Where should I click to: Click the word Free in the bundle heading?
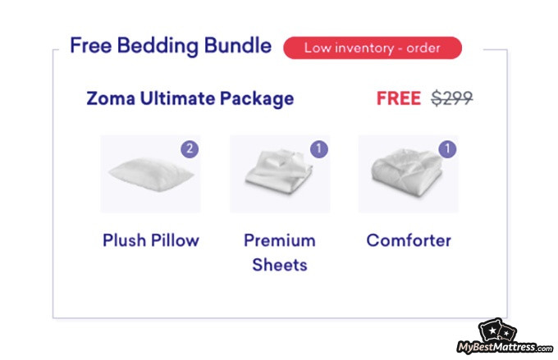pyautogui.click(x=91, y=45)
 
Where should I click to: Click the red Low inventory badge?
pyautogui.click(x=373, y=48)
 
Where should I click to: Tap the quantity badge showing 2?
pyautogui.click(x=190, y=148)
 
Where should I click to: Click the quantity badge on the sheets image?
pyautogui.click(x=319, y=148)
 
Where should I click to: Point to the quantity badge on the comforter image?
pyautogui.click(x=447, y=148)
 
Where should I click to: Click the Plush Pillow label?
pyautogui.click(x=151, y=240)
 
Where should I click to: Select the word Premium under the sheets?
pyautogui.click(x=280, y=240)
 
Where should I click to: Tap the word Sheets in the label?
pyautogui.click(x=280, y=265)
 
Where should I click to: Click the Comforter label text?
pyautogui.click(x=409, y=240)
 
